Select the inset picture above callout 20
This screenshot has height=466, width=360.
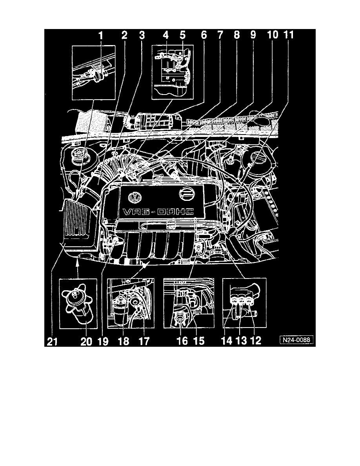pos(78,303)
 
